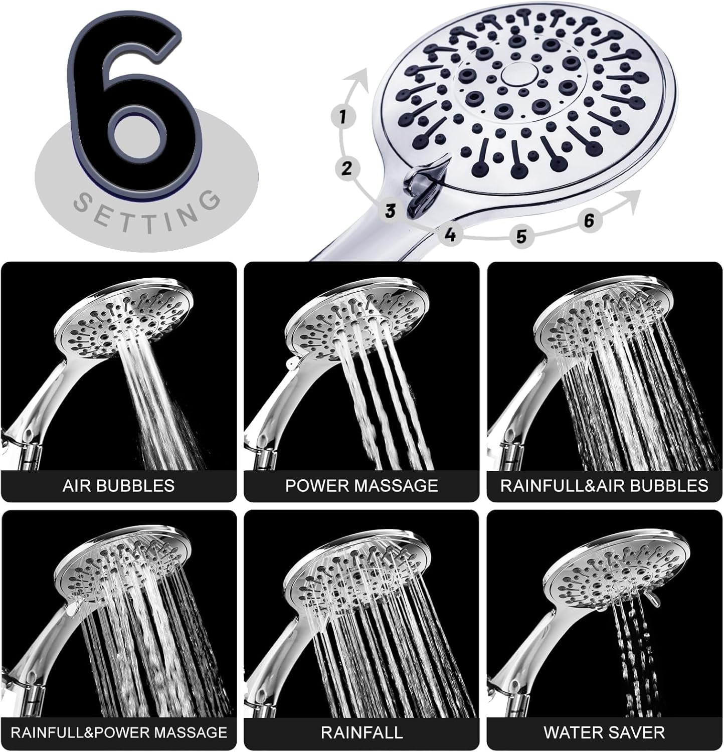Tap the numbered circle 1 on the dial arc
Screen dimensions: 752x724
343,117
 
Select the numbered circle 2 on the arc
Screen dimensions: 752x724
346,168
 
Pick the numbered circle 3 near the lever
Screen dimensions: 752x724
391,211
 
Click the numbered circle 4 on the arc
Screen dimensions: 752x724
451,234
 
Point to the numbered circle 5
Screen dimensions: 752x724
522,236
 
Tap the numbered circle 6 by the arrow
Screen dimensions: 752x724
589,220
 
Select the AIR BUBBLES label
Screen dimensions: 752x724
118,485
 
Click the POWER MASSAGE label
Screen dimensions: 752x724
361,485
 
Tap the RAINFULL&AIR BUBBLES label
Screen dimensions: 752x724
604,485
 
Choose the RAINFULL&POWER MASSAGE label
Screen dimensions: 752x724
119,732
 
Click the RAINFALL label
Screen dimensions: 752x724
361,732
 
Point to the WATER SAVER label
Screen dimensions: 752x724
604,732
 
